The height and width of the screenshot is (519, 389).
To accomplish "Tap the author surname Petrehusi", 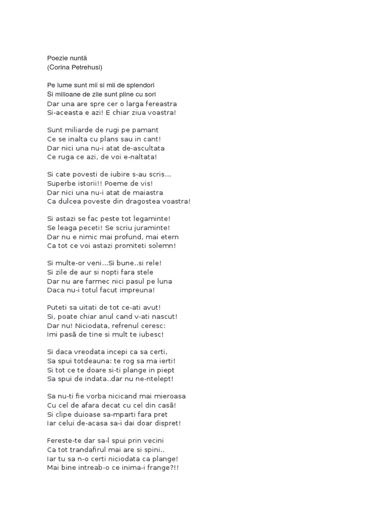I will coord(90,67).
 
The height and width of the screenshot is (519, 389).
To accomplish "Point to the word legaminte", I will coord(148,219).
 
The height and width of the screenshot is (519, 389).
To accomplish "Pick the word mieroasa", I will coord(160,396).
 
